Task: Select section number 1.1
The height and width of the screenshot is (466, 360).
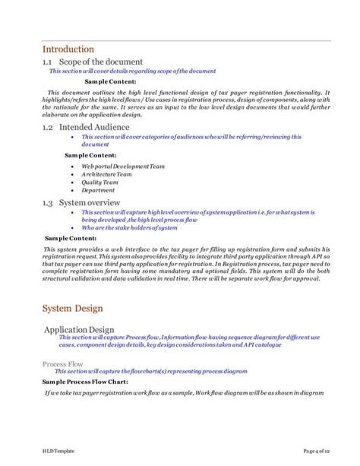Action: [x=48, y=62]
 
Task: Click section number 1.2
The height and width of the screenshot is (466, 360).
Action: [x=48, y=128]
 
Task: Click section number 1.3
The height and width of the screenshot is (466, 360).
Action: [x=48, y=203]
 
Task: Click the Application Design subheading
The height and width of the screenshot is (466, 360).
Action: [x=79, y=329]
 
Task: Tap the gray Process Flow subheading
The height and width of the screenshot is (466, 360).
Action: [x=62, y=364]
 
